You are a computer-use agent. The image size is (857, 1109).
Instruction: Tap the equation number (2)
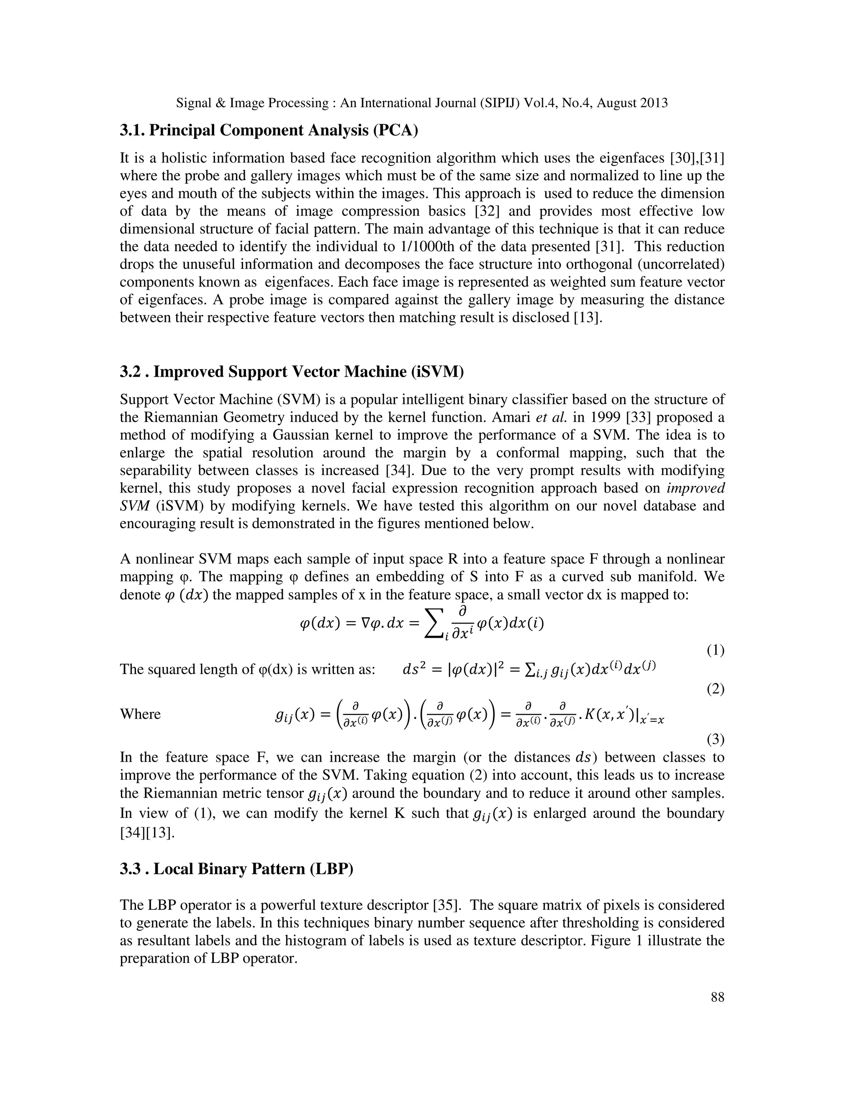coord(715,690)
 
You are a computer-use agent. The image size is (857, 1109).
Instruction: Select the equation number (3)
coord(715,740)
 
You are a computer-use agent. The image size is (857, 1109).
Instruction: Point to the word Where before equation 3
coord(140,714)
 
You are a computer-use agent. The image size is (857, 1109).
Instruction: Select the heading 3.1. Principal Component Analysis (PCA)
coord(269,131)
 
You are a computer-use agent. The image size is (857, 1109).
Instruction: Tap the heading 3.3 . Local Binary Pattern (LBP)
coord(236,869)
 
